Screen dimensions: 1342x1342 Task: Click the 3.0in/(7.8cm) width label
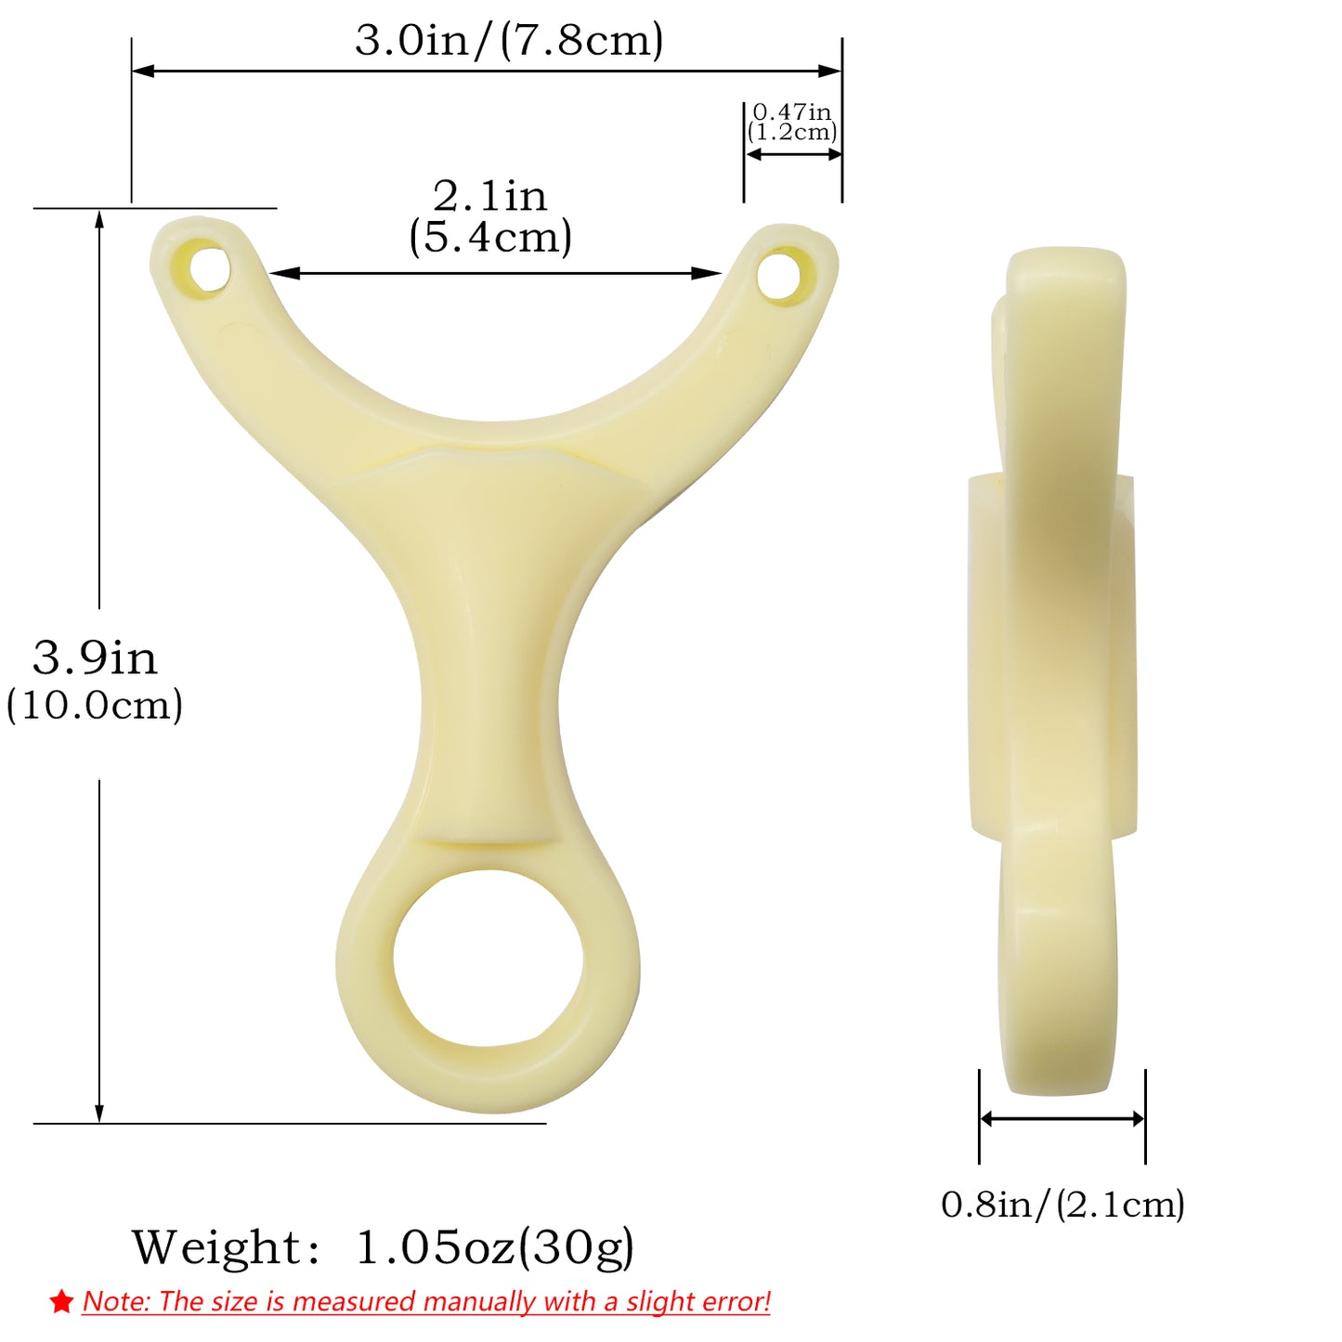click(x=509, y=41)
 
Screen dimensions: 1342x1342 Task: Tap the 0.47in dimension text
click(x=791, y=112)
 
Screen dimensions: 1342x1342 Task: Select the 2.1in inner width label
click(x=490, y=196)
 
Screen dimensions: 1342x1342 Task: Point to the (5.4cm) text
click(x=490, y=238)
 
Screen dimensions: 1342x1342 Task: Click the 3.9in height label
click(x=95, y=658)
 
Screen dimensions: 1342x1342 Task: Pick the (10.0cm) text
click(x=95, y=706)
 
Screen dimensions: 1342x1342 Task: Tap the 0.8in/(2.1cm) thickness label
click(x=1062, y=1205)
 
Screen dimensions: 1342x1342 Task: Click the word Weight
click(x=216, y=1247)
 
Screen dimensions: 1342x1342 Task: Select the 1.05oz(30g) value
click(x=495, y=1247)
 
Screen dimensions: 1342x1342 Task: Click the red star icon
click(x=62, y=1302)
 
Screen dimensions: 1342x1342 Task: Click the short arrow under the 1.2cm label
click(x=793, y=154)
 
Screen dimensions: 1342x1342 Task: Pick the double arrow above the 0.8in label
click(x=1062, y=1119)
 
